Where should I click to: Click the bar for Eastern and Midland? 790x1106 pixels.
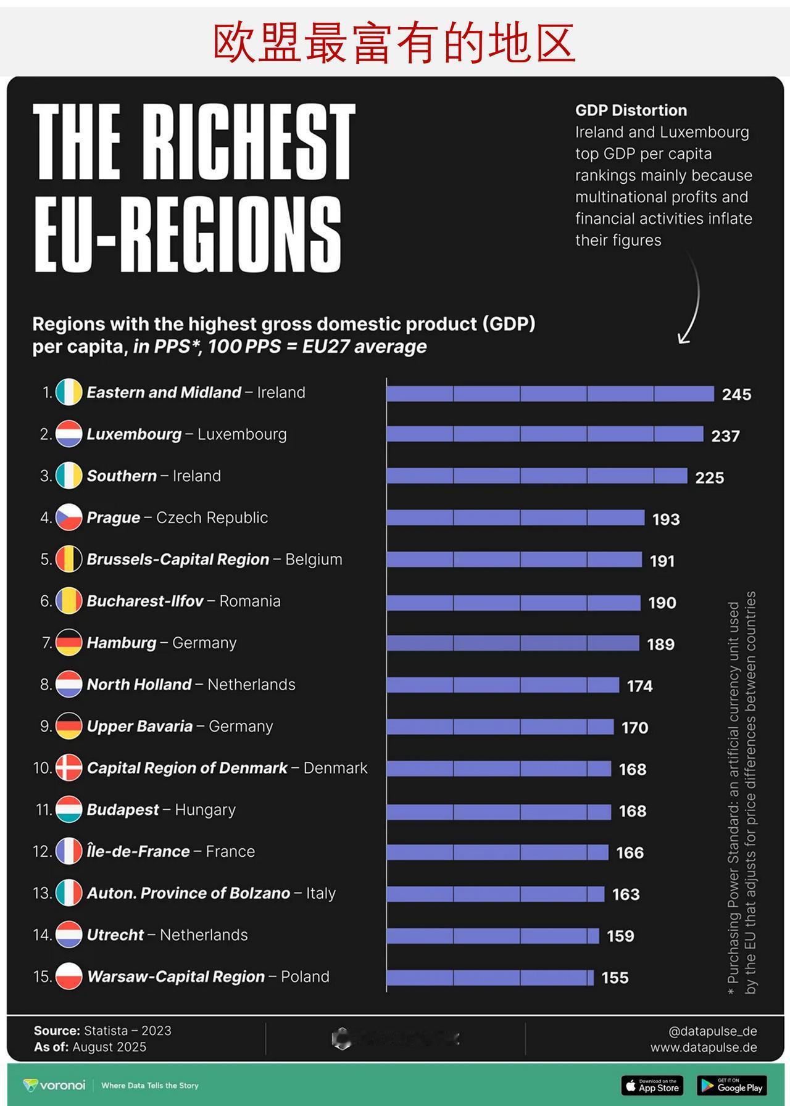pyautogui.click(x=550, y=394)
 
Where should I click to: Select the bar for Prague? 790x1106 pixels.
pyautogui.click(x=515, y=518)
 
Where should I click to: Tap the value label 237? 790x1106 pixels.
pyautogui.click(x=725, y=436)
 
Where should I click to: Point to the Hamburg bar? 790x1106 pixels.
pyautogui.click(x=513, y=643)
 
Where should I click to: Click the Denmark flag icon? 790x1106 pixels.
pyautogui.click(x=69, y=768)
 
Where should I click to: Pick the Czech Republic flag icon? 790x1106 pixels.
pyautogui.click(x=69, y=518)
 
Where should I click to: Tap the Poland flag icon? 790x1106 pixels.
pyautogui.click(x=69, y=976)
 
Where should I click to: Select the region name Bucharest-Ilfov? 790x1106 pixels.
pyautogui.click(x=145, y=601)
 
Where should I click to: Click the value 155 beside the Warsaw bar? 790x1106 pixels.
pyautogui.click(x=615, y=978)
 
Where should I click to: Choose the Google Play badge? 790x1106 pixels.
pyautogui.click(x=732, y=1086)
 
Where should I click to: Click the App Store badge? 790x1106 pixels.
pyautogui.click(x=653, y=1086)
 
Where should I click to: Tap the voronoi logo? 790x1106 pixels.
pyautogui.click(x=54, y=1085)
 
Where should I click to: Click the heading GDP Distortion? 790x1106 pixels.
pyautogui.click(x=631, y=110)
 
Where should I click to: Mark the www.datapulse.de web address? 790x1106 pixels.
pyautogui.click(x=703, y=1047)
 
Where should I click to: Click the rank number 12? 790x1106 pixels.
pyautogui.click(x=41, y=852)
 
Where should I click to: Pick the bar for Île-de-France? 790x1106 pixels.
pyautogui.click(x=497, y=852)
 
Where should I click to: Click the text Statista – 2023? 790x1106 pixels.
pyautogui.click(x=127, y=1031)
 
